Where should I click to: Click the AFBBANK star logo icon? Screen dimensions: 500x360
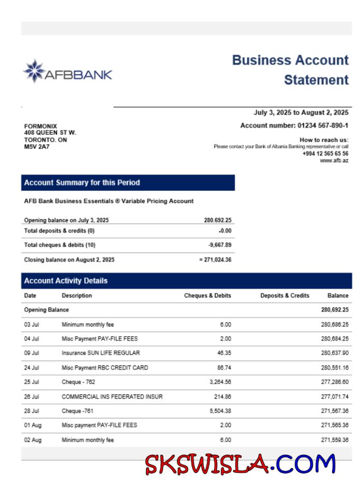34,71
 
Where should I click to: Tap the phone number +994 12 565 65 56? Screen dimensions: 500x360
325,154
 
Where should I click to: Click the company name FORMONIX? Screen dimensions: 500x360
40,126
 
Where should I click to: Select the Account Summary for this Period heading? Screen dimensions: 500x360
82,183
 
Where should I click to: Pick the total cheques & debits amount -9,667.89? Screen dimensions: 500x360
220,245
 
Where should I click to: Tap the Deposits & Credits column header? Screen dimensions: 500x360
284,296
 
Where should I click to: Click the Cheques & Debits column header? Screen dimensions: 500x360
207,296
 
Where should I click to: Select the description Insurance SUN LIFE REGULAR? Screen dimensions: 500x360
100,353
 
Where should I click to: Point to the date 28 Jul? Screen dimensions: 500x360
32,411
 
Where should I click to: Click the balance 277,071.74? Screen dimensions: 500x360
335,396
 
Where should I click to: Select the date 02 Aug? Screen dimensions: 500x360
33,440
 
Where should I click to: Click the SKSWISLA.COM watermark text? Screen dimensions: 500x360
240,464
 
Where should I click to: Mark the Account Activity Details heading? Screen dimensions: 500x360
66,281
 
